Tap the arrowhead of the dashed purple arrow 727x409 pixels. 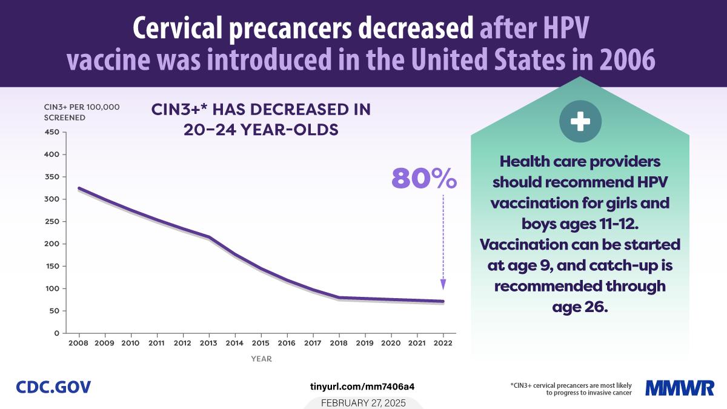pyautogui.click(x=443, y=284)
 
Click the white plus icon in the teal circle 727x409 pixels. pyautogui.click(x=580, y=122)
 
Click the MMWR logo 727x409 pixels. pyautogui.click(x=680, y=387)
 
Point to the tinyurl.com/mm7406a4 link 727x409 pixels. pyautogui.click(x=362, y=386)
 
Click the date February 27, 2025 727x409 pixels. pyautogui.click(x=363, y=403)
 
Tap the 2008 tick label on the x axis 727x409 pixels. pyautogui.click(x=79, y=343)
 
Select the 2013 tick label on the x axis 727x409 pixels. pyautogui.click(x=209, y=343)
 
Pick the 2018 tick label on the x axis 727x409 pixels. pyautogui.click(x=339, y=343)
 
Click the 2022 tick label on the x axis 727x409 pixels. pyautogui.click(x=443, y=343)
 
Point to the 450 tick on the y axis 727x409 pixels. pyautogui.click(x=51, y=132)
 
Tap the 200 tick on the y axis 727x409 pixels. pyautogui.click(x=51, y=244)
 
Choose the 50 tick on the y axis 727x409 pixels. pyautogui.click(x=54, y=311)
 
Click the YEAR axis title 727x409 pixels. pyautogui.click(x=261, y=359)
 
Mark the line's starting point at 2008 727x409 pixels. pyautogui.click(x=79, y=188)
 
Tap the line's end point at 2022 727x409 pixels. pyautogui.click(x=443, y=301)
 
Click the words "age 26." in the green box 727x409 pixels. pyautogui.click(x=580, y=307)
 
